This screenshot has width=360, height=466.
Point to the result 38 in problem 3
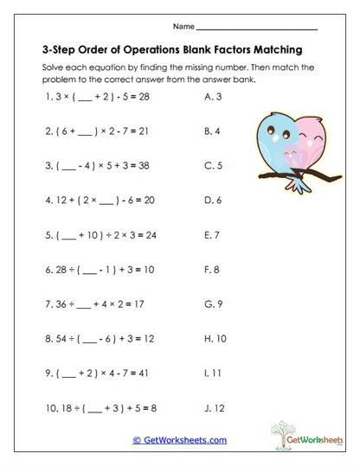tap(143, 166)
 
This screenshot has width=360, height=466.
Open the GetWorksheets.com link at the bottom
tap(179, 440)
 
